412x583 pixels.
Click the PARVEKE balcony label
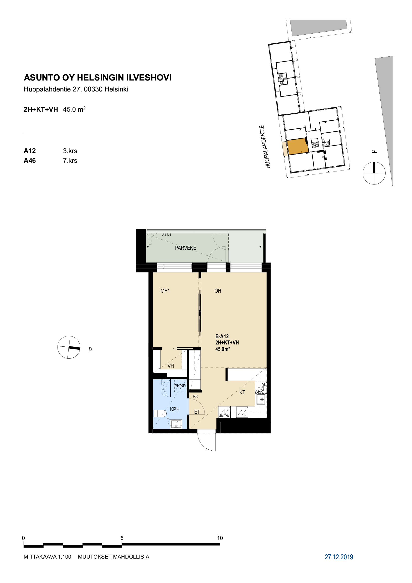186,248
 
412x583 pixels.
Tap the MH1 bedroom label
165,291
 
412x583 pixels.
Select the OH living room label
218,291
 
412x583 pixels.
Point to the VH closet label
171,366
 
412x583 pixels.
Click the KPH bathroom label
175,409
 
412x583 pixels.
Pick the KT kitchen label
242,393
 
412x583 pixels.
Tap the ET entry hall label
197,412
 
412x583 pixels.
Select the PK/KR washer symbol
180,386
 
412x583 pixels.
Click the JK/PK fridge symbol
224,412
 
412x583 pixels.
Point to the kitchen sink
261,399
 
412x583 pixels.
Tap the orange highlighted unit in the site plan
298,147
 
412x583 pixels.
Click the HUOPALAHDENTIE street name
265,147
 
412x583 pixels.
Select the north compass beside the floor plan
69,347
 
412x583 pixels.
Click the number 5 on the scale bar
122,538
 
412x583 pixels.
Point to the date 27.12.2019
339,557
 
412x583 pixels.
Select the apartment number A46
30,161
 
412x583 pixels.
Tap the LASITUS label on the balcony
166,235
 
